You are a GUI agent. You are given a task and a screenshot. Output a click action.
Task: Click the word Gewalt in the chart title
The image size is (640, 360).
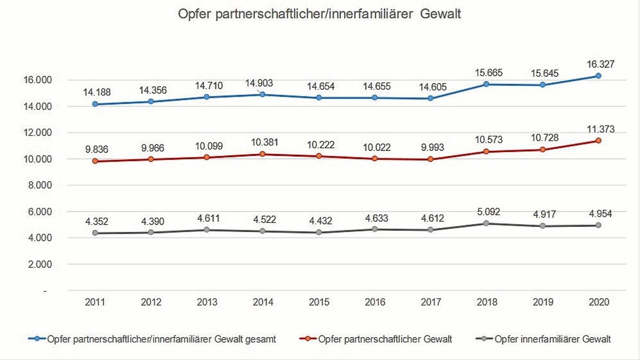coord(440,14)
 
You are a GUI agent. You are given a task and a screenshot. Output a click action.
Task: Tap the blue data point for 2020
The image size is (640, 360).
coord(598,76)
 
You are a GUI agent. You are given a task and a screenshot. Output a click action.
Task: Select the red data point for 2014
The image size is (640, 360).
coord(263,154)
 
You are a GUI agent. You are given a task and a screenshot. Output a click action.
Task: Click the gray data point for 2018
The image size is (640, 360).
coord(487,223)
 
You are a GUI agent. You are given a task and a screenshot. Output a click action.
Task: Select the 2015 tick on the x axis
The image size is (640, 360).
coord(319,302)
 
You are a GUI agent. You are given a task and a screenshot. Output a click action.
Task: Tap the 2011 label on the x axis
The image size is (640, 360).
coord(95,302)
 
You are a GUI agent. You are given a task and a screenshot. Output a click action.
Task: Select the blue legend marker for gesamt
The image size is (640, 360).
coord(36,339)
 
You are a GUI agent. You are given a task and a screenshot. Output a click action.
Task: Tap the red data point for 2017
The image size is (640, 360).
coord(431,159)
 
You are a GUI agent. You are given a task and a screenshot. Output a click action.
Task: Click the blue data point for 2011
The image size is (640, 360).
coord(95,104)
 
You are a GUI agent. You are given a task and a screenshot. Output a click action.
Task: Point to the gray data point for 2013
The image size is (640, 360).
coord(207,230)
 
